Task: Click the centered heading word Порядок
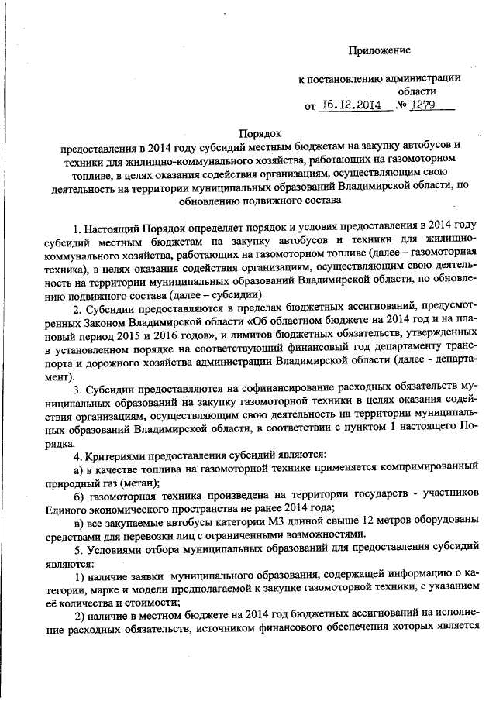click(x=258, y=132)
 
